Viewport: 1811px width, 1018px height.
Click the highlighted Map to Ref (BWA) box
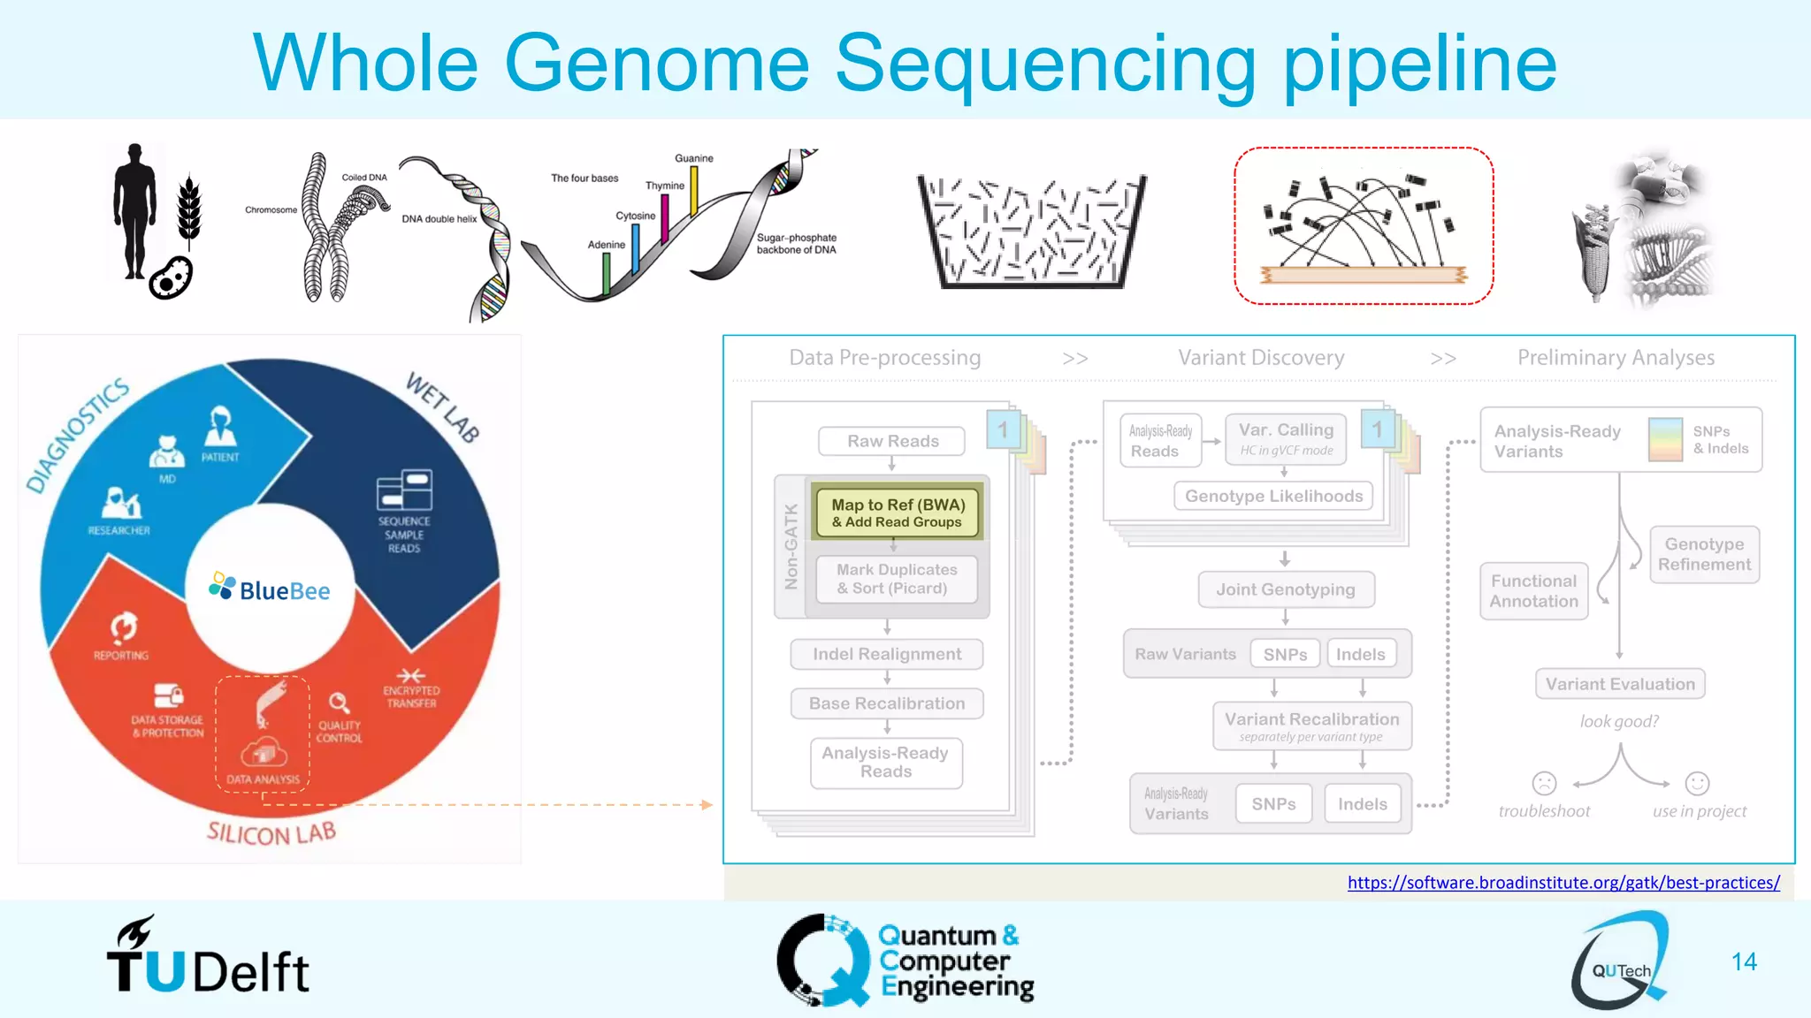(898, 513)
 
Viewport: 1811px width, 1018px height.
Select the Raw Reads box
(892, 441)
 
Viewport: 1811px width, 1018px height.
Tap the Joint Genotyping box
(1285, 589)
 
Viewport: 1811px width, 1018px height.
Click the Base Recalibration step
(887, 703)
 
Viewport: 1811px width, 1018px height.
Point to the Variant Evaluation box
(1620, 684)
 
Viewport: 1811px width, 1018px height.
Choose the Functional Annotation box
(1534, 591)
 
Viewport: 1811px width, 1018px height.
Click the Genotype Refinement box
(1704, 554)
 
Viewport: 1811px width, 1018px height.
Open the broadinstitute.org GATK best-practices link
(1563, 882)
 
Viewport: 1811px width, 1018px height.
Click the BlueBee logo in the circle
(270, 589)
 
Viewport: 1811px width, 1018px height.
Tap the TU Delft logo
(208, 959)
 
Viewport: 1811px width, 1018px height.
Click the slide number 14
(1744, 961)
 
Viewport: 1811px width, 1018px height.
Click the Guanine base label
(693, 158)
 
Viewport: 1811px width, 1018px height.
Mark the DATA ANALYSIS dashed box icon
(263, 733)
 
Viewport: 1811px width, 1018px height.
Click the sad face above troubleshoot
(1544, 783)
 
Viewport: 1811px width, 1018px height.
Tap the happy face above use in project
(1697, 783)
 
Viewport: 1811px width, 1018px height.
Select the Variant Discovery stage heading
(1261, 358)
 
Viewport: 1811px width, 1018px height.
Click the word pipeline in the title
(1419, 64)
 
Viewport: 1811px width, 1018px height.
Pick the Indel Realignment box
(887, 654)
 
